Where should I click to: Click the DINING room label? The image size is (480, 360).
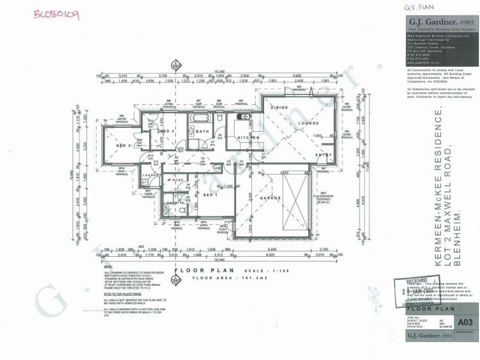[279, 108]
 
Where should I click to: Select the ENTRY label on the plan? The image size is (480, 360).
[323, 154]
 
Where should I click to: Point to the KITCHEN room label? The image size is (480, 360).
[248, 138]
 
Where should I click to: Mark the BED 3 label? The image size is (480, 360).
[124, 146]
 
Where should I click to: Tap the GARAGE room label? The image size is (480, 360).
[270, 198]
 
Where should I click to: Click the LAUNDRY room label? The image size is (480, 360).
[151, 174]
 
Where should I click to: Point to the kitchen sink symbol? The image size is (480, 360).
[244, 117]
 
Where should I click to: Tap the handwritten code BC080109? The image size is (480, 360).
[56, 14]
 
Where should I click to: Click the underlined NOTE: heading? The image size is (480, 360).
[107, 268]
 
